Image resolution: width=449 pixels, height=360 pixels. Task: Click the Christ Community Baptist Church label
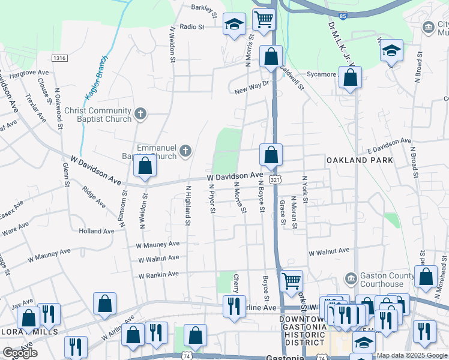[97, 115]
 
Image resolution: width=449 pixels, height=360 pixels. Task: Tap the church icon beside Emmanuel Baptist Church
[185, 150]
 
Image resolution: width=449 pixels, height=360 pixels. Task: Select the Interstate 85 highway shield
[343, 16]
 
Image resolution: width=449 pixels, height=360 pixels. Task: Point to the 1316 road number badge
[59, 58]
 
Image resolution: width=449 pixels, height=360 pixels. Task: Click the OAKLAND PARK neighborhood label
[360, 160]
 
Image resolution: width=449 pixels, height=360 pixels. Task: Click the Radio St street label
[192, 26]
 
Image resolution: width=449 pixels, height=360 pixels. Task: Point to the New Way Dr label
[249, 90]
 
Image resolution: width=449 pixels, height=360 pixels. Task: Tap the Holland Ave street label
[96, 231]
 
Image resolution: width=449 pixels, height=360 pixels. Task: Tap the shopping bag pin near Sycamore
[350, 77]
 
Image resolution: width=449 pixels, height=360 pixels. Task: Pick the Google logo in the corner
[20, 353]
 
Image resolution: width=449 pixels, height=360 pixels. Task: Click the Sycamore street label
[321, 74]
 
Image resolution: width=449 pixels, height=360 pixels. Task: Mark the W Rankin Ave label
[158, 275]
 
